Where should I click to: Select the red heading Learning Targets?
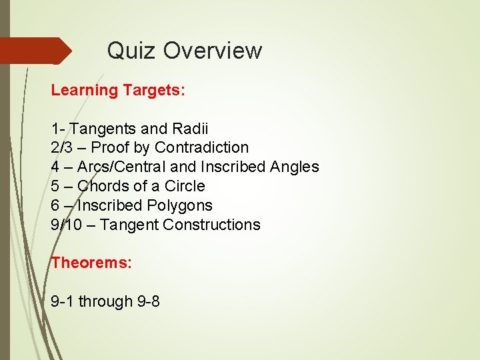pyautogui.click(x=118, y=89)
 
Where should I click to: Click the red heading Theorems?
pyautogui.click(x=91, y=263)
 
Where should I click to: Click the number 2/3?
pyautogui.click(x=61, y=147)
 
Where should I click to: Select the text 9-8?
pyautogui.click(x=148, y=301)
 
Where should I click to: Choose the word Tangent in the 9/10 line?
pyautogui.click(x=131, y=225)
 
